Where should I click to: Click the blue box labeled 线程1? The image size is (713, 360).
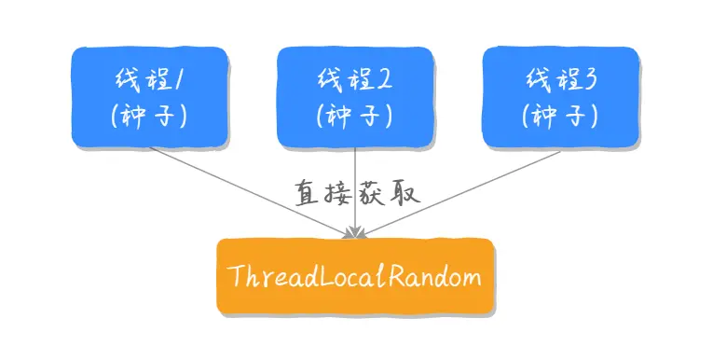[x=150, y=98]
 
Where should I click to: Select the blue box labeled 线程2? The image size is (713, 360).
[x=355, y=98]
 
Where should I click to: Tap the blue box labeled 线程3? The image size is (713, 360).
[x=561, y=98]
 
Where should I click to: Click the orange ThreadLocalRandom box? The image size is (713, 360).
[x=355, y=277]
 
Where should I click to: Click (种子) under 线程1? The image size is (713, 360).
[x=150, y=117]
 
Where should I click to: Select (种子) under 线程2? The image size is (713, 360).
[x=355, y=117]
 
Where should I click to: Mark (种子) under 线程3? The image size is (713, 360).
[x=561, y=117]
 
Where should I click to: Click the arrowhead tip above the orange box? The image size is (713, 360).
[x=355, y=236]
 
